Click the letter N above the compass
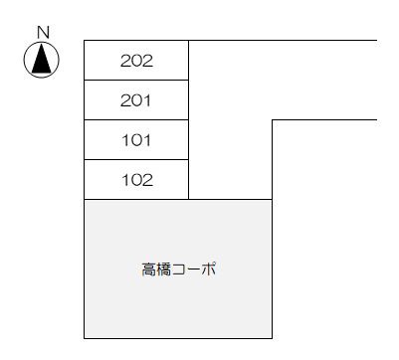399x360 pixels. (42, 32)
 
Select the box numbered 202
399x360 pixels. (136, 61)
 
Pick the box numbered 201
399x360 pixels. (136, 100)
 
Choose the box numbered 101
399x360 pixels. (136, 140)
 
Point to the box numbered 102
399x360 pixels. (136, 180)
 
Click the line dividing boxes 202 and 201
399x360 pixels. (136, 80)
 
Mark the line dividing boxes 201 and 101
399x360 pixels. (136, 119)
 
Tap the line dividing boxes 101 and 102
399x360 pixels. (136, 159)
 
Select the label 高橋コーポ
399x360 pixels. (179, 270)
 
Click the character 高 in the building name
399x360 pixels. (148, 270)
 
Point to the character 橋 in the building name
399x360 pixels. (163, 270)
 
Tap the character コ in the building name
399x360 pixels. (179, 270)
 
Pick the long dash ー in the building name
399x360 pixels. (194, 270)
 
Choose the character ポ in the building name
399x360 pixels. (209, 270)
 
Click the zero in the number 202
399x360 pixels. (136, 61)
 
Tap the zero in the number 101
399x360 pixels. (136, 140)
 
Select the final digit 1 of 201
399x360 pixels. (147, 100)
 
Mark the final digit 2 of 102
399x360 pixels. (146, 180)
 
